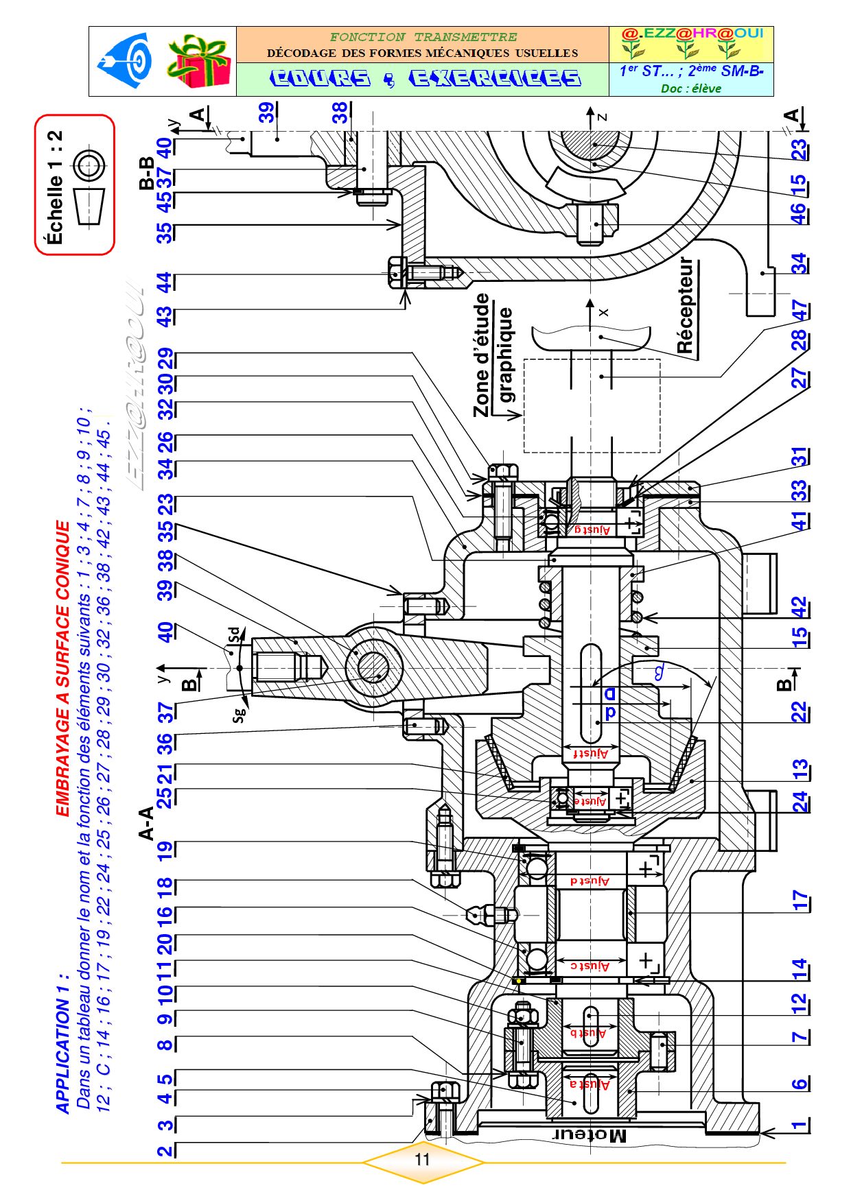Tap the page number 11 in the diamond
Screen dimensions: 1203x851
422,1159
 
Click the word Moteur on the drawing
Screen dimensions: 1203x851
590,1135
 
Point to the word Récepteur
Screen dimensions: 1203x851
686,305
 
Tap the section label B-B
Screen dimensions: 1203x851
146,173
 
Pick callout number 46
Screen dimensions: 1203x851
798,213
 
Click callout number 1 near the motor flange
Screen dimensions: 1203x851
798,1124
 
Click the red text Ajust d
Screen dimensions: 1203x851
590,880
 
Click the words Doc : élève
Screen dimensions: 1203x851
690,88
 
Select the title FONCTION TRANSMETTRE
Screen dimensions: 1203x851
423,37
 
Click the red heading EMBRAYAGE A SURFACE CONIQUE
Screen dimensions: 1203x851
62,669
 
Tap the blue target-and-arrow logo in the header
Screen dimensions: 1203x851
128,61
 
